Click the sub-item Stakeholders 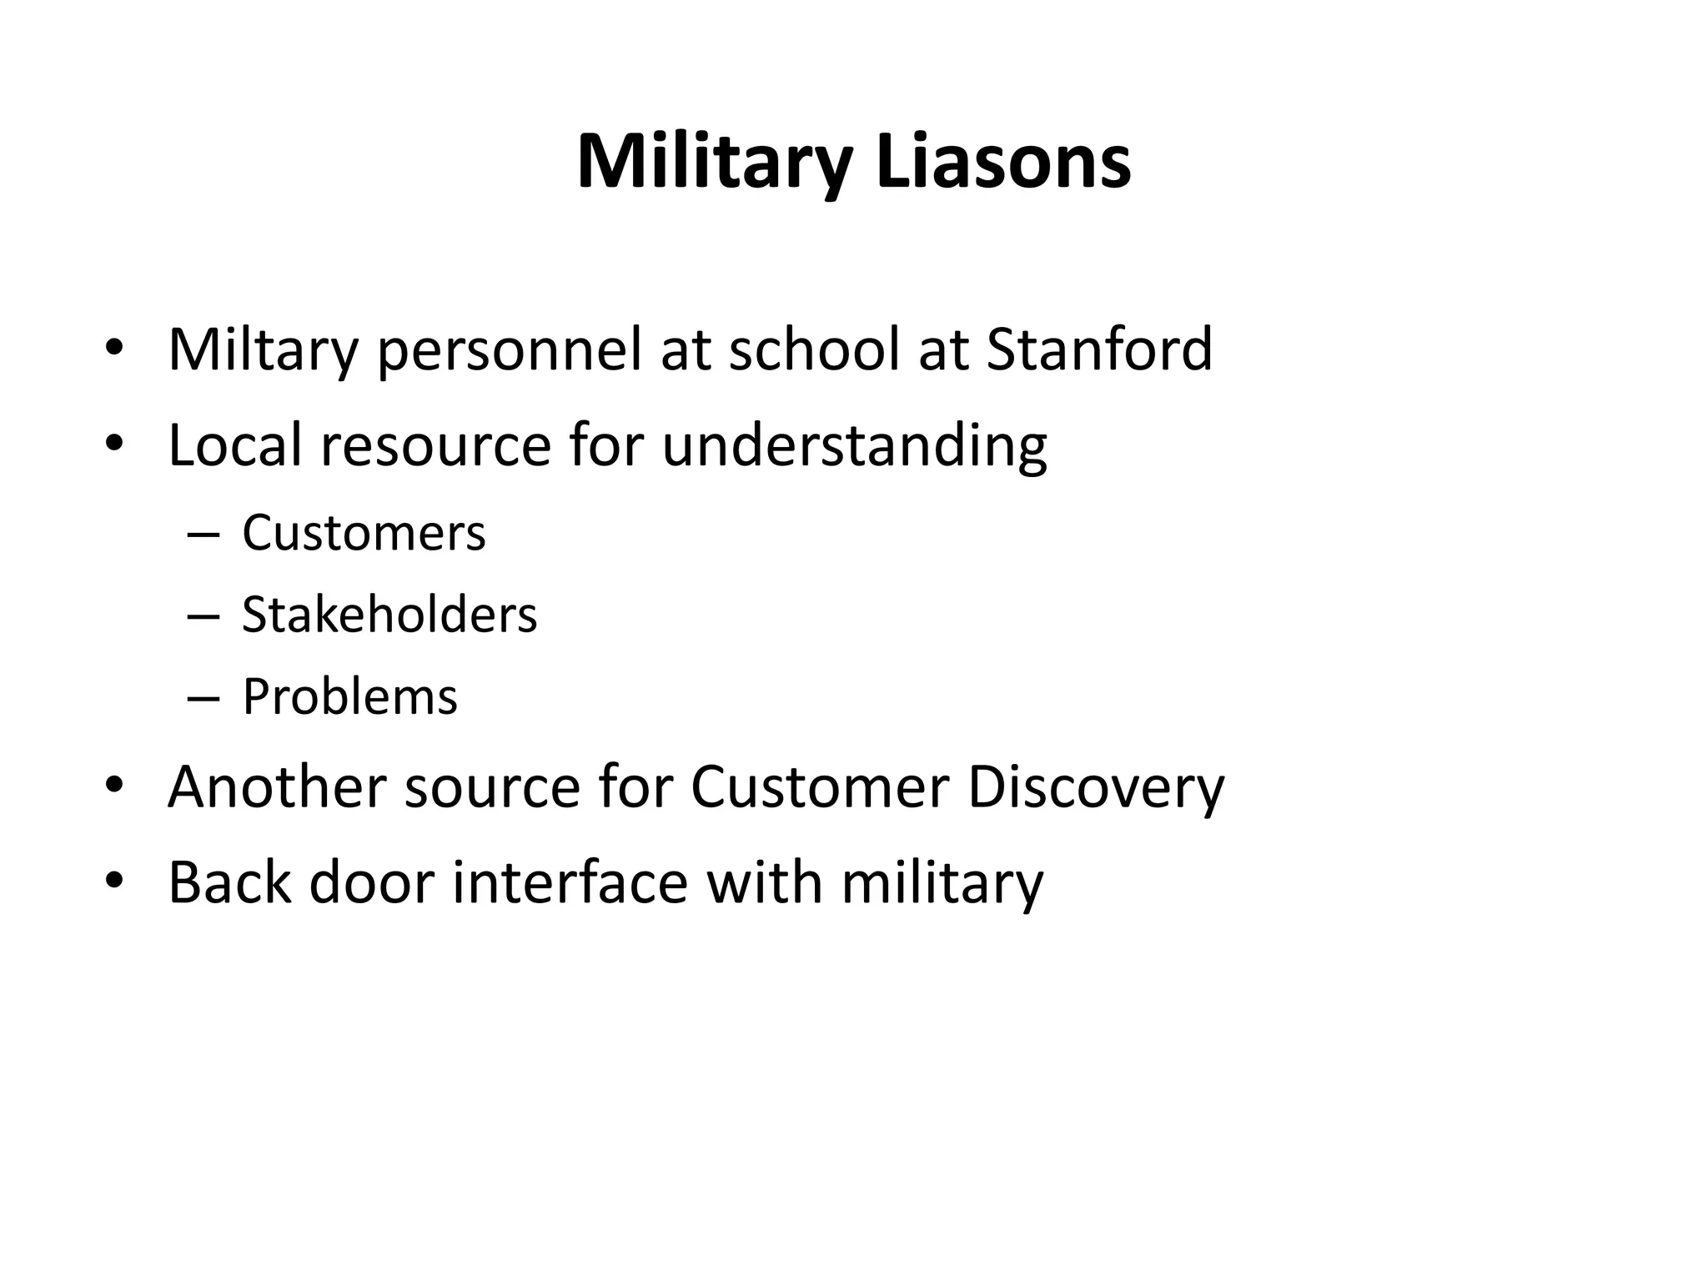(389, 615)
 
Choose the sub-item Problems (349, 696)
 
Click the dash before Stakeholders (203, 616)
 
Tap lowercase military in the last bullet (942, 882)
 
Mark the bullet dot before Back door (114, 880)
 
